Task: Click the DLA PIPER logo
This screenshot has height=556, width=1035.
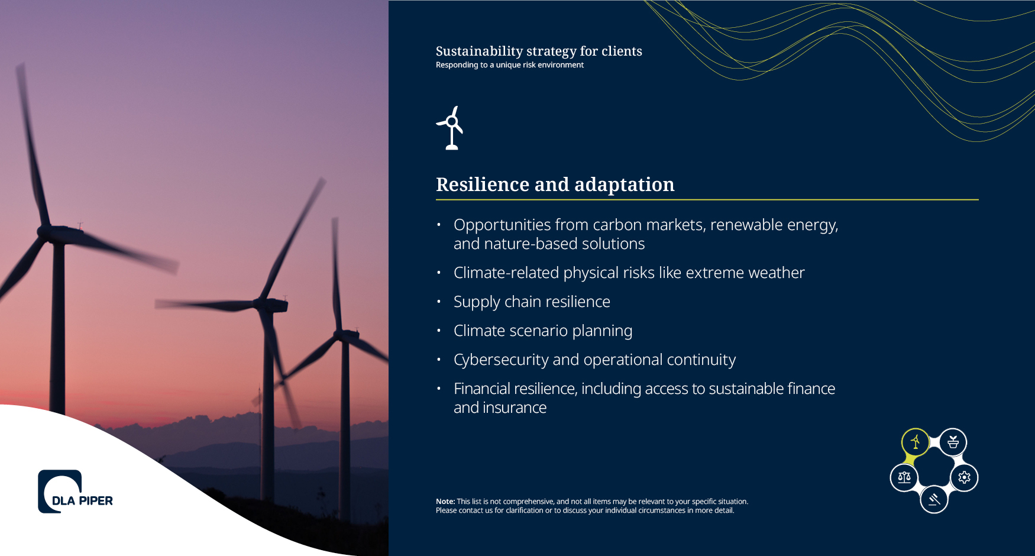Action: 75,492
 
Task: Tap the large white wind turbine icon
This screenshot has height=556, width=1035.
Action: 451,128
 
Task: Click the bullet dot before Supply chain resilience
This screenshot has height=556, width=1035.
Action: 439,302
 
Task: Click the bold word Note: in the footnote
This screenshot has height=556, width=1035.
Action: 445,502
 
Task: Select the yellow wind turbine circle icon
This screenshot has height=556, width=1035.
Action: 915,442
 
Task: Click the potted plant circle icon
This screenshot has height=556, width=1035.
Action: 953,442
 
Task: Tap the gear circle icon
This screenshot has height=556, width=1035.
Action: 964,477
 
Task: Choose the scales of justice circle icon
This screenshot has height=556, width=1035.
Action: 904,477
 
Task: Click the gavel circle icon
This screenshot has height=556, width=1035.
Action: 934,499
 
